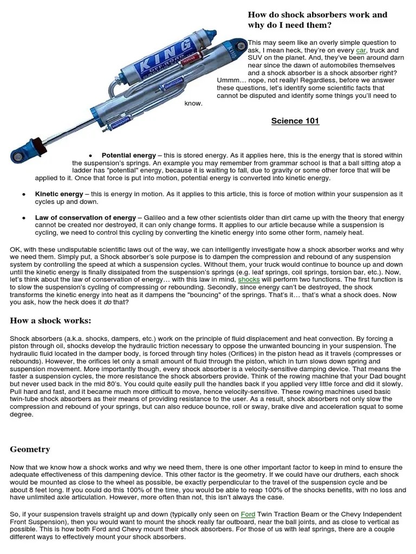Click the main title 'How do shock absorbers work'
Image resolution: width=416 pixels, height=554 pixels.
pyautogui.click(x=317, y=15)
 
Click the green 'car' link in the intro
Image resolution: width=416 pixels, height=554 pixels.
pyautogui.click(x=361, y=50)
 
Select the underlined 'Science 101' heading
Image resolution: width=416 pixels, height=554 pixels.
pyautogui.click(x=295, y=121)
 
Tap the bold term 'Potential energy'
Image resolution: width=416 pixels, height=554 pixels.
pyautogui.click(x=129, y=155)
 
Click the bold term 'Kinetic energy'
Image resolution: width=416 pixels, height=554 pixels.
pyautogui.click(x=59, y=194)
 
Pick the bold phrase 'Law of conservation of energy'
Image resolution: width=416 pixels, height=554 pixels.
pyautogui.click(x=86, y=217)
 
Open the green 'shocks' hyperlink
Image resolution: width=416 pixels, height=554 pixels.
pyautogui.click(x=249, y=280)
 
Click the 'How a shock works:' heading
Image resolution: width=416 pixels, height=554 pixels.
pyautogui.click(x=51, y=321)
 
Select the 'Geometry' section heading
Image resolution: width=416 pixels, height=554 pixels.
pyautogui.click(x=30, y=449)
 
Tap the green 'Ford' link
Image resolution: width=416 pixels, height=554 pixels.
pyautogui.click(x=248, y=514)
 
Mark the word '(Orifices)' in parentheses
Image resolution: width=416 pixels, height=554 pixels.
pyautogui.click(x=245, y=353)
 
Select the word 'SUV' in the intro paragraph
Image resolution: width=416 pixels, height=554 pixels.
pyautogui.click(x=256, y=57)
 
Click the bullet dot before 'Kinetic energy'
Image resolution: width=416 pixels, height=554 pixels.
pyautogui.click(x=24, y=194)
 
